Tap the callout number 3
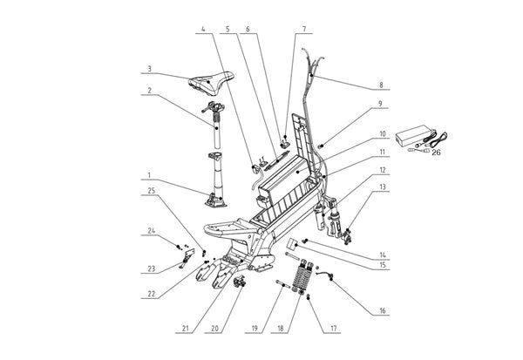tap(150, 69)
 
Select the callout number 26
tap(437, 153)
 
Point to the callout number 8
tap(381, 85)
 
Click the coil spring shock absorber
tap(302, 275)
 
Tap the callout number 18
tap(281, 329)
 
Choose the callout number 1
tap(149, 175)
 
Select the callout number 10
tap(383, 134)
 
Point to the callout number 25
tap(152, 191)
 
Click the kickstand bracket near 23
tap(187, 258)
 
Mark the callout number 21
tap(186, 329)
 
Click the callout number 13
tap(383, 187)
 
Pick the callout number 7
tap(304, 30)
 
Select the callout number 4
tap(203, 29)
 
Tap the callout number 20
tap(214, 329)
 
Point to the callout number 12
tap(383, 170)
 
